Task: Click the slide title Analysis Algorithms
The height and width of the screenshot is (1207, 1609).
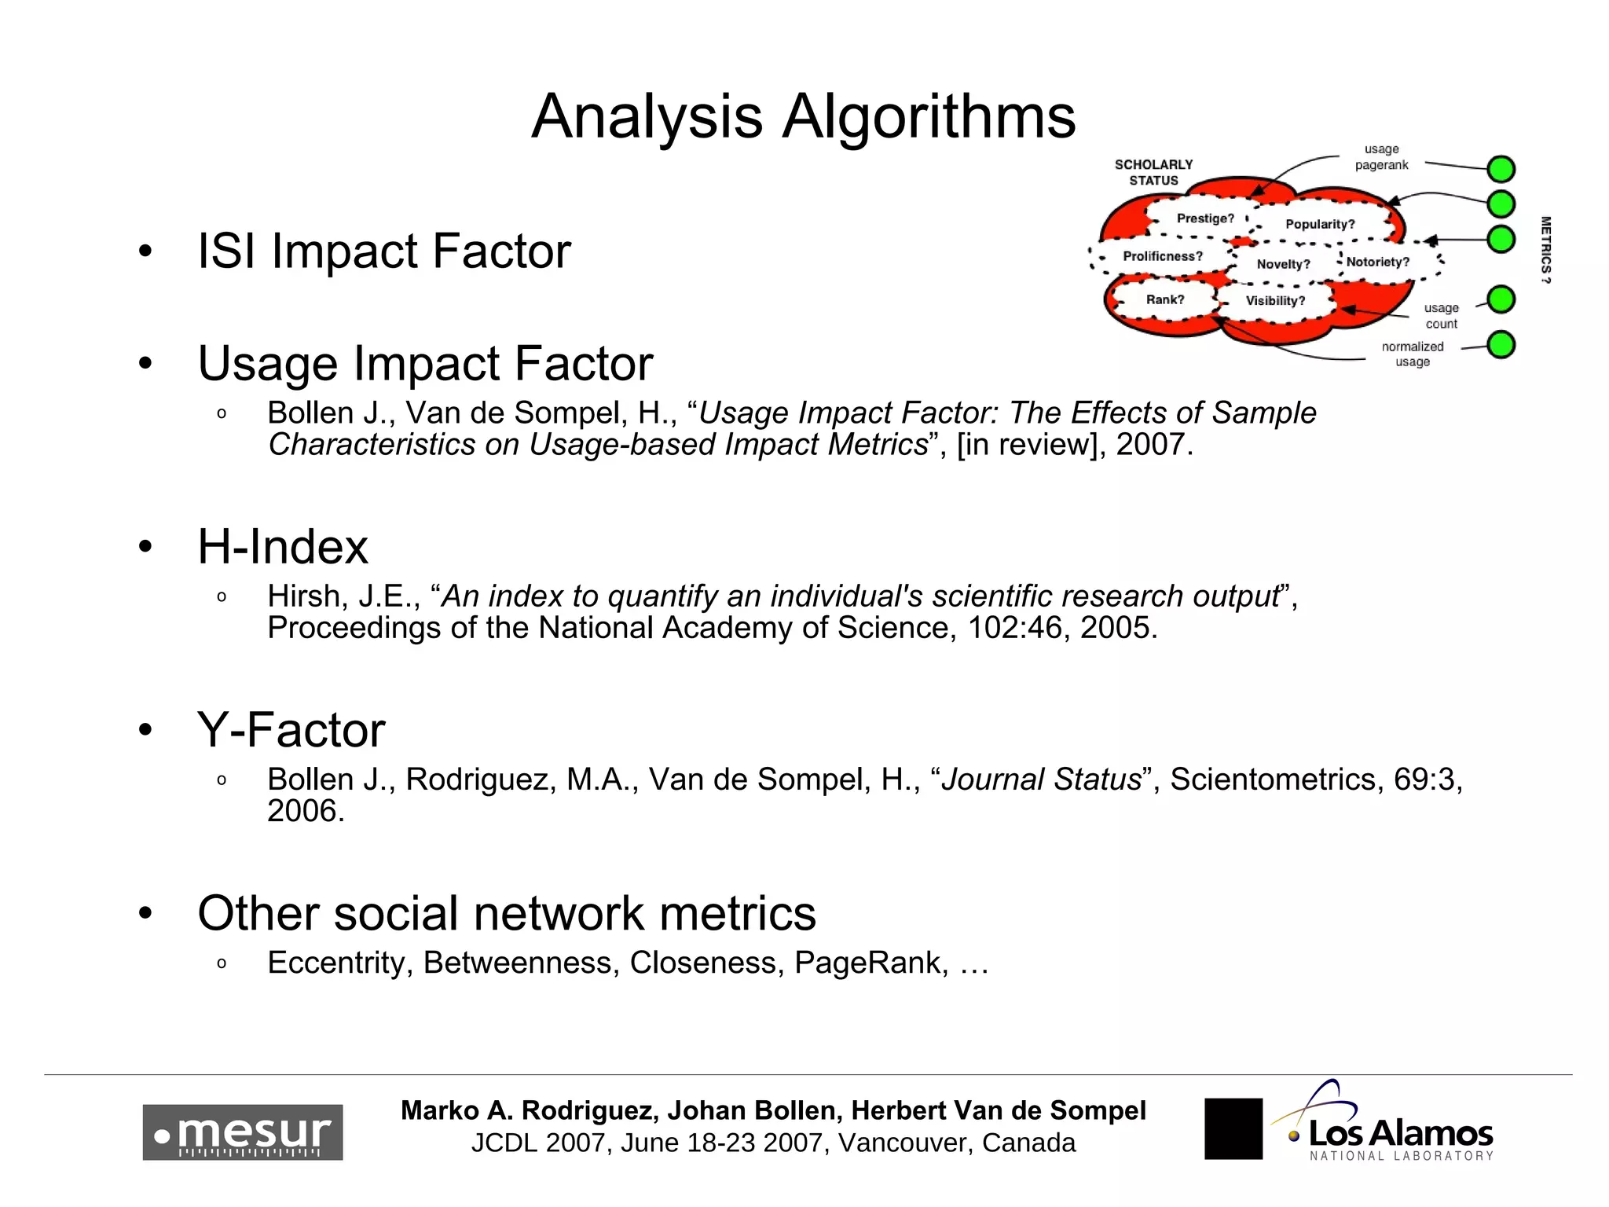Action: pos(803,116)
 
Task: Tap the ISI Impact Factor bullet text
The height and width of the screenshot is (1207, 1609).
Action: pos(383,251)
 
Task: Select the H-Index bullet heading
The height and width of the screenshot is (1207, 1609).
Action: pos(283,547)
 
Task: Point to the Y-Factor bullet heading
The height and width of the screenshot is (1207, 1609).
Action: pos(291,730)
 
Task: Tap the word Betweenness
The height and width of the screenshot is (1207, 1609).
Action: pos(518,963)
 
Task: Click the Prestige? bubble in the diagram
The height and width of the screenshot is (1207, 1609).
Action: pos(1205,218)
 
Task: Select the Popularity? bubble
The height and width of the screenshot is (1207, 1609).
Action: pos(1320,225)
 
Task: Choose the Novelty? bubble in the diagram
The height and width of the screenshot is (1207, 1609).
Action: pos(1283,264)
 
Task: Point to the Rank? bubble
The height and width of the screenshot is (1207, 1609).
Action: pos(1164,299)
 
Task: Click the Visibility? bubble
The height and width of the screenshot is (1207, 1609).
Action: pos(1275,301)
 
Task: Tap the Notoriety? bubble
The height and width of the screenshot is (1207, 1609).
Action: pos(1377,262)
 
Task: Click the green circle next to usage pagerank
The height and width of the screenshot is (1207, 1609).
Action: pos(1501,169)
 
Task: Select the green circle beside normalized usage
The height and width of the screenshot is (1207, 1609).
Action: pos(1501,345)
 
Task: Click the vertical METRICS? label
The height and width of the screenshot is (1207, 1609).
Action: pos(1545,249)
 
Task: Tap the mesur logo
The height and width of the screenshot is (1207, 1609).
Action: pos(242,1132)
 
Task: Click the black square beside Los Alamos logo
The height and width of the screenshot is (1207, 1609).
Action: pos(1233,1128)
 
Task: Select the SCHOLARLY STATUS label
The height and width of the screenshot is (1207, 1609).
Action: pos(1153,173)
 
